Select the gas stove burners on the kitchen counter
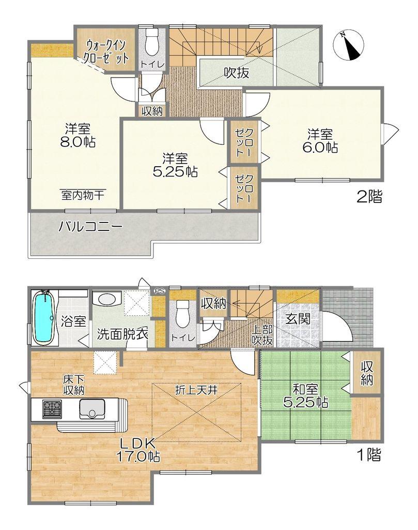(52, 408)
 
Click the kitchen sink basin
(92, 409)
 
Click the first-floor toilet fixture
(182, 314)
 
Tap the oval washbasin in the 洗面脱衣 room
(106, 299)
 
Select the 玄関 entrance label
(298, 318)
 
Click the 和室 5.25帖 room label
(305, 395)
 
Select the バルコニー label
(90, 227)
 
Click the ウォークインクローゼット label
(107, 51)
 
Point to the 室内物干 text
(83, 195)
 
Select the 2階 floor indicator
(370, 197)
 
